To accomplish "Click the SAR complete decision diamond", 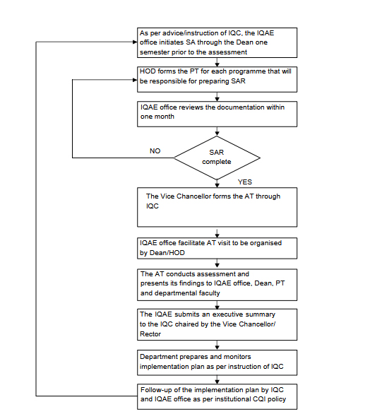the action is pyautogui.click(x=217, y=158).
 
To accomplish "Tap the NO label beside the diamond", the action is pyautogui.click(x=155, y=151).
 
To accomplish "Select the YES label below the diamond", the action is pyautogui.click(x=245, y=182).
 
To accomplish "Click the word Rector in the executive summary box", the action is pyautogui.click(x=150, y=334).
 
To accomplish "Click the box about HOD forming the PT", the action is pyautogui.click(x=217, y=79).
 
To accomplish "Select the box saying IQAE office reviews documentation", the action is pyautogui.click(x=217, y=114).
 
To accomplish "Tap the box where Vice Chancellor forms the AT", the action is pyautogui.click(x=217, y=207).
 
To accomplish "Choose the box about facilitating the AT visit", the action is pyautogui.click(x=217, y=248).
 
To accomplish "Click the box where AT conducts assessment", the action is pyautogui.click(x=217, y=285).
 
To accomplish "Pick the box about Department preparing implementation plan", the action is pyautogui.click(x=217, y=362).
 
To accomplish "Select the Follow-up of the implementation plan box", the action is pyautogui.click(x=217, y=396).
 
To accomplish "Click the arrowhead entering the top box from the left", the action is pyautogui.click(x=135, y=42).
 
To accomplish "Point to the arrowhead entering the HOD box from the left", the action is pyautogui.click(x=135, y=80).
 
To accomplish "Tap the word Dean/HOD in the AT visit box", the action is pyautogui.click(x=167, y=253).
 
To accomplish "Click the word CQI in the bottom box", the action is pyautogui.click(x=259, y=399).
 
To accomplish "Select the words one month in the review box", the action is pyautogui.click(x=157, y=117).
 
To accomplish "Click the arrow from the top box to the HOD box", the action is pyautogui.click(x=217, y=62).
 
